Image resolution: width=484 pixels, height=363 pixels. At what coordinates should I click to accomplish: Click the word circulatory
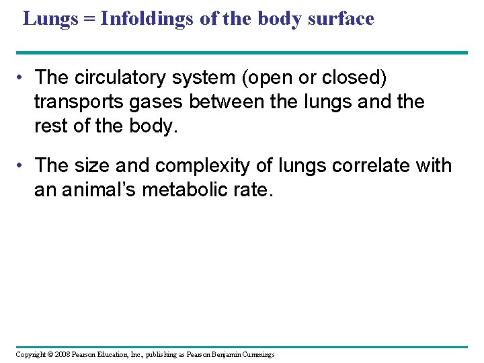coord(123,78)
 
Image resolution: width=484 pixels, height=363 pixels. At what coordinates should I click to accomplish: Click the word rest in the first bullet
coord(50,126)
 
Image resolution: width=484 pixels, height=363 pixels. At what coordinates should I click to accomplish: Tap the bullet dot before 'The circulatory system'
coord(23,79)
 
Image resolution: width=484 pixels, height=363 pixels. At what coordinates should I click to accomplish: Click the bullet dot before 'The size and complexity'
coord(23,165)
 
